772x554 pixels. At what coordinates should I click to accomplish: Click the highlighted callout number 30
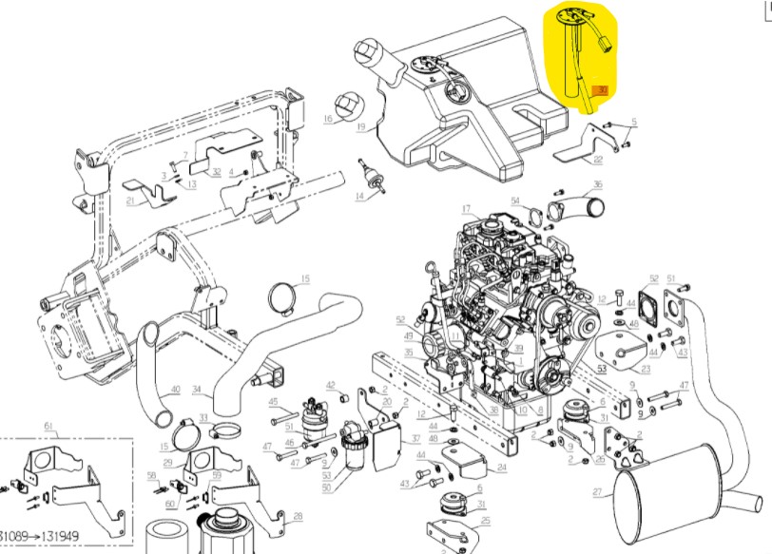600,90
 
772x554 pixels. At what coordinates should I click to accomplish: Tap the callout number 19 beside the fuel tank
361,126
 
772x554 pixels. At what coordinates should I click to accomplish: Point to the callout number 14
360,197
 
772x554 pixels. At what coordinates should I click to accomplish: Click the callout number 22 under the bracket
597,159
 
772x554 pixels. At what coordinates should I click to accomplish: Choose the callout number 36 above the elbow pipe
597,184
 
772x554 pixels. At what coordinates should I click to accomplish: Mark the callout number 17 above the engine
467,209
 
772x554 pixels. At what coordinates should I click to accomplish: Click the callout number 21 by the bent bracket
131,201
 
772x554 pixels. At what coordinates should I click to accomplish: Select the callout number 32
217,172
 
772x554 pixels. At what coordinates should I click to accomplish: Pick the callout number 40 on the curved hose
175,389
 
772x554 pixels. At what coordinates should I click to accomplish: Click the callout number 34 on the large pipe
197,389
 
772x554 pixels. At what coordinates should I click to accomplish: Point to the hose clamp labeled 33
217,428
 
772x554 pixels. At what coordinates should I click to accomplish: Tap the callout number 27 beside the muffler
597,492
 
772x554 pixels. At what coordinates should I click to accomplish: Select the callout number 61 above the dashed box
48,430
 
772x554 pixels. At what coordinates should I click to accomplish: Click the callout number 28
298,516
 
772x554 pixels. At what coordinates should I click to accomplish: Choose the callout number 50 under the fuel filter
327,487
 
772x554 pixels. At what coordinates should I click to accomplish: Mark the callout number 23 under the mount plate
646,370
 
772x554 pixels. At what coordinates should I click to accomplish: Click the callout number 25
485,521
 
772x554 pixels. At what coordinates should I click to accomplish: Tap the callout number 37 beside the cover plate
415,440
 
